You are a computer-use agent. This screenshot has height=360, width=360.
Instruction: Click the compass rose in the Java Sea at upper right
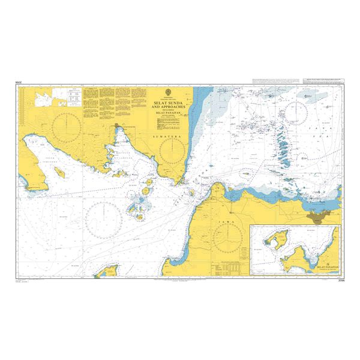[x=298, y=113]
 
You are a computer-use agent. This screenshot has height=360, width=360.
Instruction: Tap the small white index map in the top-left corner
[x=61, y=94]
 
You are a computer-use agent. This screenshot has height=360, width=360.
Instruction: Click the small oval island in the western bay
[x=60, y=172]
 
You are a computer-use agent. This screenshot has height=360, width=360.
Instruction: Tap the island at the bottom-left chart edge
[x=107, y=273]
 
